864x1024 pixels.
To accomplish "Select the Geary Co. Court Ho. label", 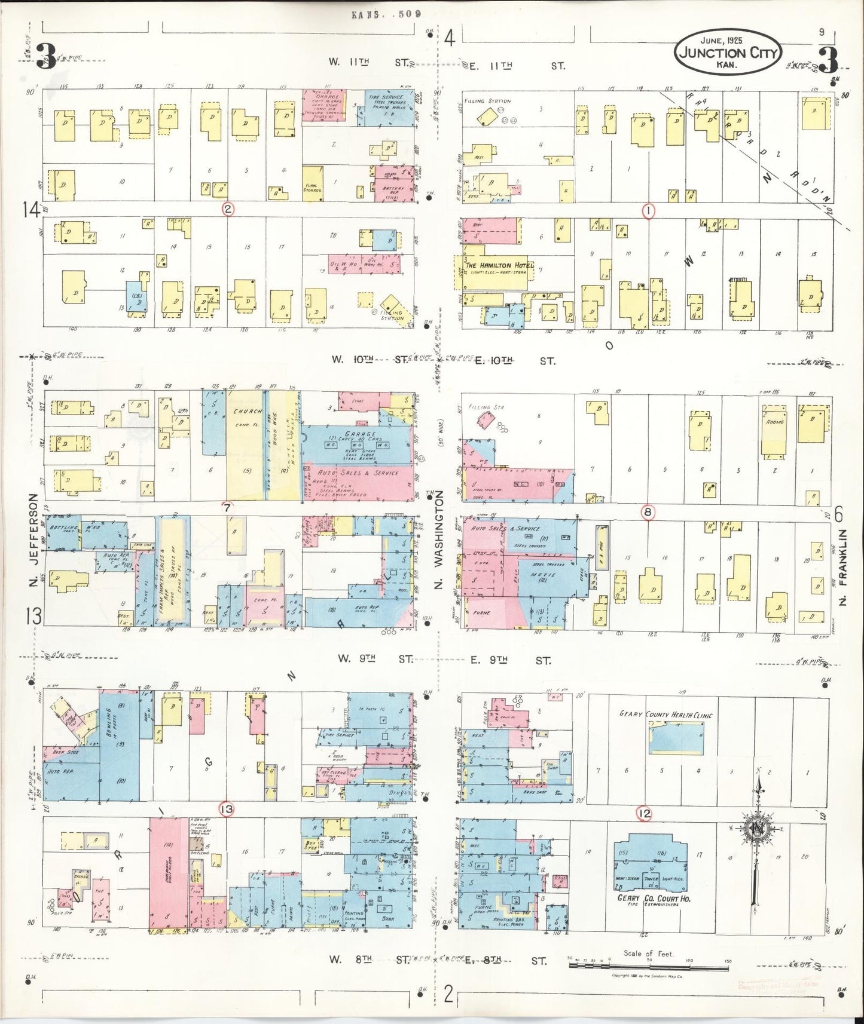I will pyautogui.click(x=653, y=899).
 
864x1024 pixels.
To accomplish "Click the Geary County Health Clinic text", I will pyautogui.click(x=665, y=715).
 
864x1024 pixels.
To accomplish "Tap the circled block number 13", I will pyautogui.click(x=227, y=809).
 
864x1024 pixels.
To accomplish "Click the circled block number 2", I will pyautogui.click(x=228, y=209).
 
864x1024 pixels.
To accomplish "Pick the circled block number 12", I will pyautogui.click(x=644, y=813).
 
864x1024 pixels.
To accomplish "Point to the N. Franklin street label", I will pyautogui.click(x=843, y=566).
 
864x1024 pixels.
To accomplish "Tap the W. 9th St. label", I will pyautogui.click(x=374, y=658).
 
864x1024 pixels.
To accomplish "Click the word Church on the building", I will pyautogui.click(x=248, y=411).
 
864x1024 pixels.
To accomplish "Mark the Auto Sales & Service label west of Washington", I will pyautogui.click(x=355, y=473).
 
